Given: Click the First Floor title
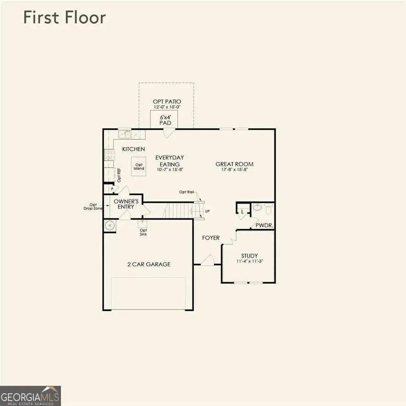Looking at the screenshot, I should [65, 18].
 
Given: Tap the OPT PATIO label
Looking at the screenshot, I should [167, 101].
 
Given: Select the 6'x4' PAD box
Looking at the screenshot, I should [165, 120].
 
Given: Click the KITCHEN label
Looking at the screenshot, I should [133, 149].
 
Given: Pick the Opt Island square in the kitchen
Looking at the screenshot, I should [139, 164].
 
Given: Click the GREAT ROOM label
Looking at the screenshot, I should [234, 164].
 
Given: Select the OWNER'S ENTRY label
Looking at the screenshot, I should [126, 204].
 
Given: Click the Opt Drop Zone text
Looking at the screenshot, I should [94, 207].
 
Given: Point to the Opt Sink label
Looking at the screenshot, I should [143, 232].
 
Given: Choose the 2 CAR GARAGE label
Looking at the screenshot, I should [148, 264].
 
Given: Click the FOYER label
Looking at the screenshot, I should [211, 238].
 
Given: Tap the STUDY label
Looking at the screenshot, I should [249, 256].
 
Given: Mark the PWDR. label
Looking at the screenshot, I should [264, 225].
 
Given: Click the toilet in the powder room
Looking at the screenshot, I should [268, 208].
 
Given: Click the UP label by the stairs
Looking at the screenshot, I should [208, 211].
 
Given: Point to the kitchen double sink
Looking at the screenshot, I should [125, 134].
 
